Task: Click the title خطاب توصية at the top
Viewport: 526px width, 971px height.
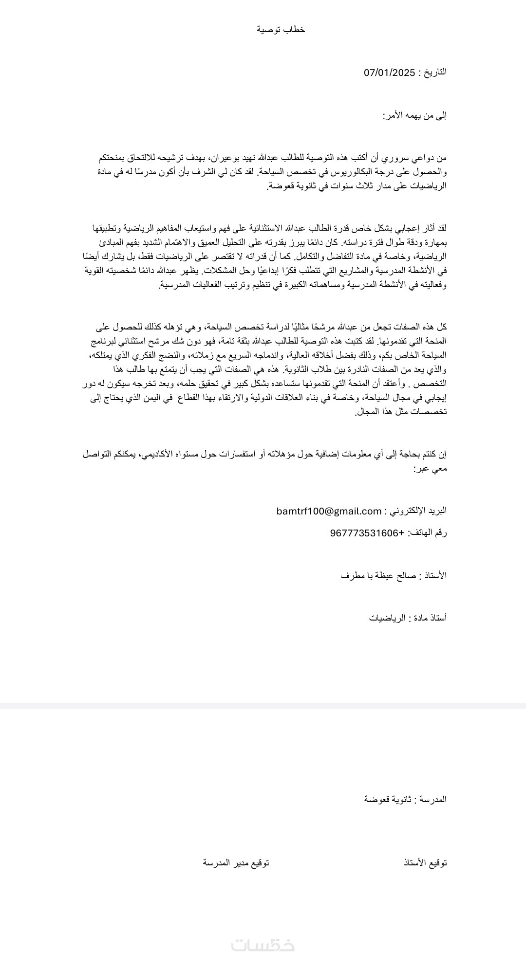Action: [x=281, y=30]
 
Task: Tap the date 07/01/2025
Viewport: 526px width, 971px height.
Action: [x=389, y=73]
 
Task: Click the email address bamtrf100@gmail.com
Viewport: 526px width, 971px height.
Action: [x=329, y=511]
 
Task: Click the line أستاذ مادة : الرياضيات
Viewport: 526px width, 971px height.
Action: [x=408, y=618]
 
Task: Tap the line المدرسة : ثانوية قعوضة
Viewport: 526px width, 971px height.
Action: [x=405, y=799]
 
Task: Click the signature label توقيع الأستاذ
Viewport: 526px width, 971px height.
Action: [x=425, y=863]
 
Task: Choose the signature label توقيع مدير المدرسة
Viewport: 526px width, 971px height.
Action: [x=236, y=863]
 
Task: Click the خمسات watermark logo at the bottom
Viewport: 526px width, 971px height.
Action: [x=263, y=945]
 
